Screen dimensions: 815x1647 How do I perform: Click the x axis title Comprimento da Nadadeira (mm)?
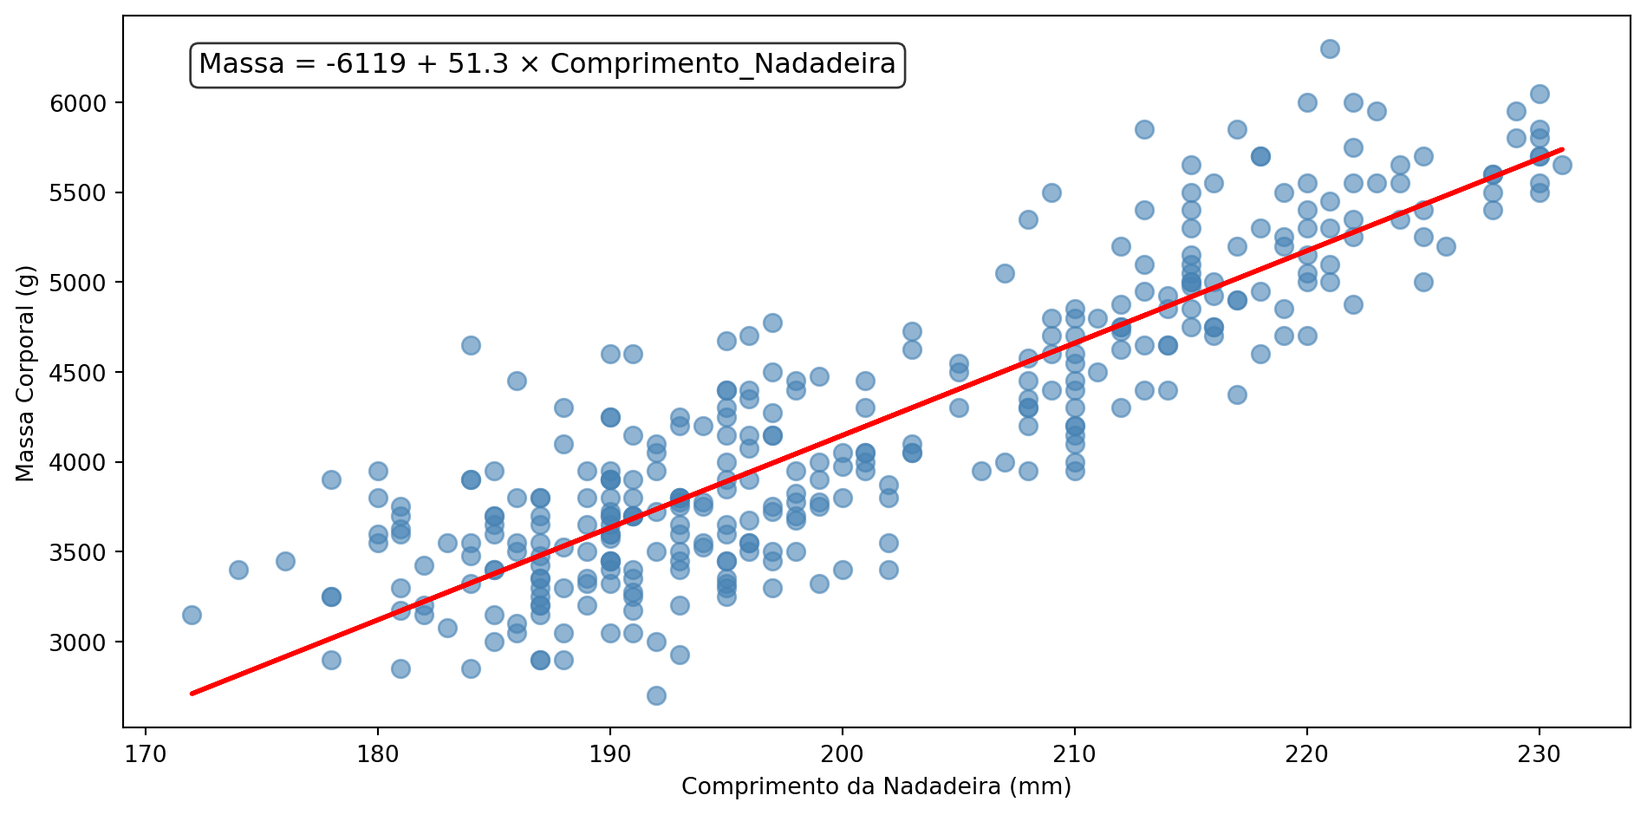click(876, 786)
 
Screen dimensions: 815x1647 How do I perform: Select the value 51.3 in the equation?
click(478, 64)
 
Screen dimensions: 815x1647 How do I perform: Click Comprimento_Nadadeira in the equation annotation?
click(723, 64)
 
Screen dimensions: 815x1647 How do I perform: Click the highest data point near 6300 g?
click(1330, 49)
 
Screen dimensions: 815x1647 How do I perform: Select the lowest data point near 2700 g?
click(656, 695)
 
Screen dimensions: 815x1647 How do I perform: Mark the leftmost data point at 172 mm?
click(192, 615)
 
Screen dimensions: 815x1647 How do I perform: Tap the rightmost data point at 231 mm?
click(1562, 166)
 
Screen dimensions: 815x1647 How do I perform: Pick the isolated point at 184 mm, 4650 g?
click(471, 345)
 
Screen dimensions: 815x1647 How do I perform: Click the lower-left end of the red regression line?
click(192, 693)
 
